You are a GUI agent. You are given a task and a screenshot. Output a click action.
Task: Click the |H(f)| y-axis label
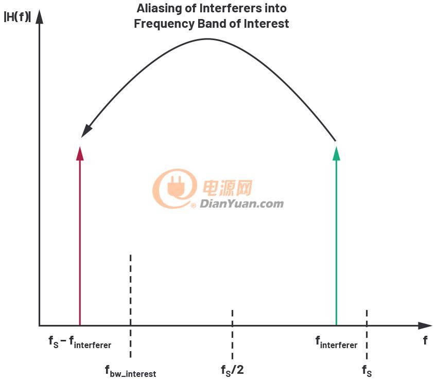(18, 16)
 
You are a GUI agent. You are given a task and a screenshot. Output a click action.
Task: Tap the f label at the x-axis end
(425, 340)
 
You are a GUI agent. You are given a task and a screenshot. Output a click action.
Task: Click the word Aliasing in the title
(159, 8)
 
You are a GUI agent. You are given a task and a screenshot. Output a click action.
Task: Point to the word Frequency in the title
(164, 24)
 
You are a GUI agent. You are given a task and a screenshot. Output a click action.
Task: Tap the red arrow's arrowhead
(80, 153)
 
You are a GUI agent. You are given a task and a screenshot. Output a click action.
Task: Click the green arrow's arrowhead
(337, 153)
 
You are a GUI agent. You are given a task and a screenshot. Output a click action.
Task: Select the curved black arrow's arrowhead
(86, 130)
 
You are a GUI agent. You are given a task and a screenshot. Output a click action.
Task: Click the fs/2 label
(232, 370)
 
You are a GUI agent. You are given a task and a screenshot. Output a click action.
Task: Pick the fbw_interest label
(130, 372)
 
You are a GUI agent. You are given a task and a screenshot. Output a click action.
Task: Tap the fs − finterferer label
(80, 342)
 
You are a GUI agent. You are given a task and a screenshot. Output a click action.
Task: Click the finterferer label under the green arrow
(336, 342)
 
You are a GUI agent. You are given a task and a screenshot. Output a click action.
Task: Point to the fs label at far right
(367, 371)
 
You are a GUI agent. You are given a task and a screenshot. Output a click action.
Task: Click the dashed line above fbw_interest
(130, 306)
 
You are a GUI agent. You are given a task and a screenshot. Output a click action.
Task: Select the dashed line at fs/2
(232, 335)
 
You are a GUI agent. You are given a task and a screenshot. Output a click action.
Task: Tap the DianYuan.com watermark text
(241, 204)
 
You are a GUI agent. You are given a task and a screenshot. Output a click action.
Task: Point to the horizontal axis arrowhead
(425, 325)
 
